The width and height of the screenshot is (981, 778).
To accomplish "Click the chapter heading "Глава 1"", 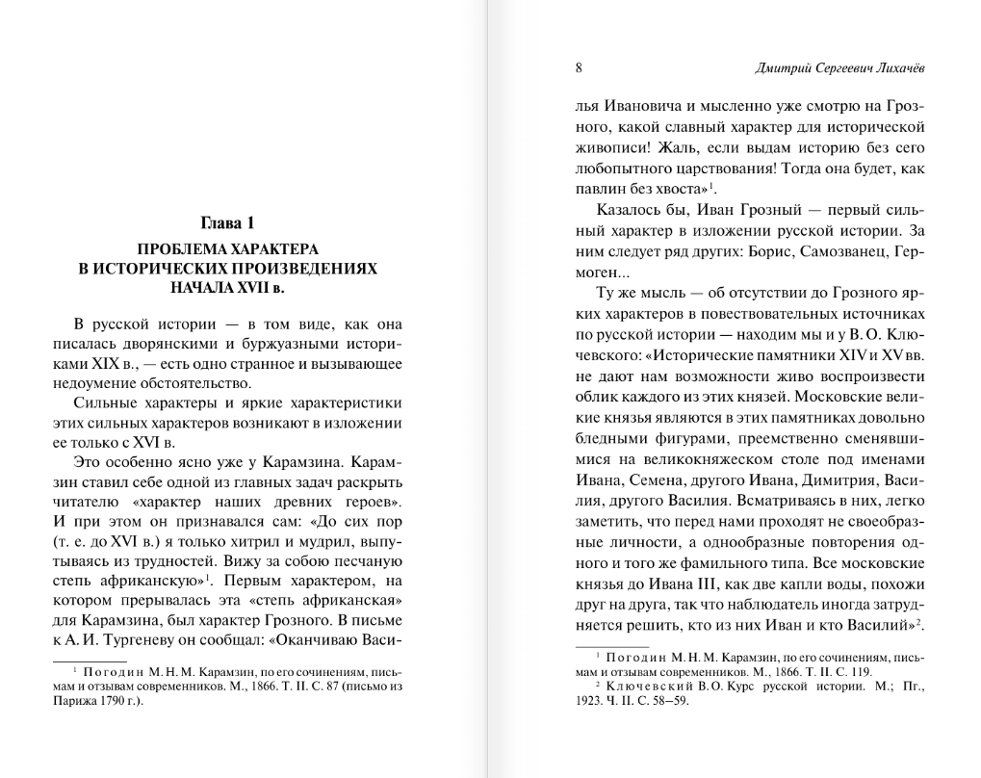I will (x=228, y=223).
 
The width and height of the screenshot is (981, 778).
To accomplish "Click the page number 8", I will (x=579, y=68).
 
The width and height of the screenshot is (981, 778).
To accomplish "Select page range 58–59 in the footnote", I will (x=670, y=700).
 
